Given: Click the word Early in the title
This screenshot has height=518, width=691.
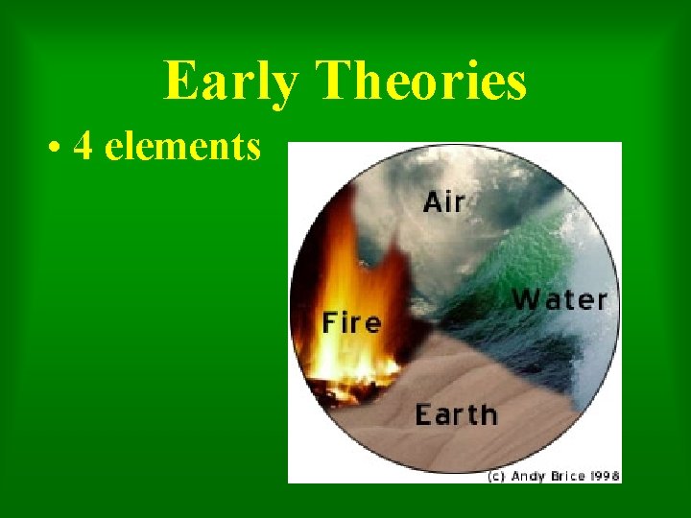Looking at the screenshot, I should (x=230, y=81).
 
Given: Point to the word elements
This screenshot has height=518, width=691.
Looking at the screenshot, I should (x=182, y=147).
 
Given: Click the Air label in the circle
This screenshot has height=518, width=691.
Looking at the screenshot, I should (x=444, y=202).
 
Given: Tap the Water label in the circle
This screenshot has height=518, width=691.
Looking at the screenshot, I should (x=560, y=299).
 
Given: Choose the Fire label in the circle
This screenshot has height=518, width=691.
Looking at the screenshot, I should (x=351, y=323).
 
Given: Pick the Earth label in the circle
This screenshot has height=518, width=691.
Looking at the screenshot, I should (x=456, y=414).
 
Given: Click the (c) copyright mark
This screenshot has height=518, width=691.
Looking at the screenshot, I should (x=496, y=475).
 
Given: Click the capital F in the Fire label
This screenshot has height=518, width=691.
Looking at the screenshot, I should (x=329, y=323).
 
